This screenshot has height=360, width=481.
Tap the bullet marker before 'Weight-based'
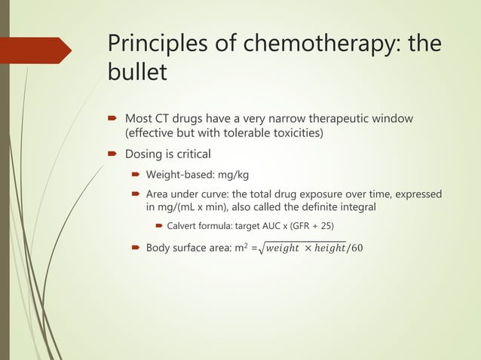[136, 175]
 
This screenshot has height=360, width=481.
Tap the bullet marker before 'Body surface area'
[136, 248]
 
